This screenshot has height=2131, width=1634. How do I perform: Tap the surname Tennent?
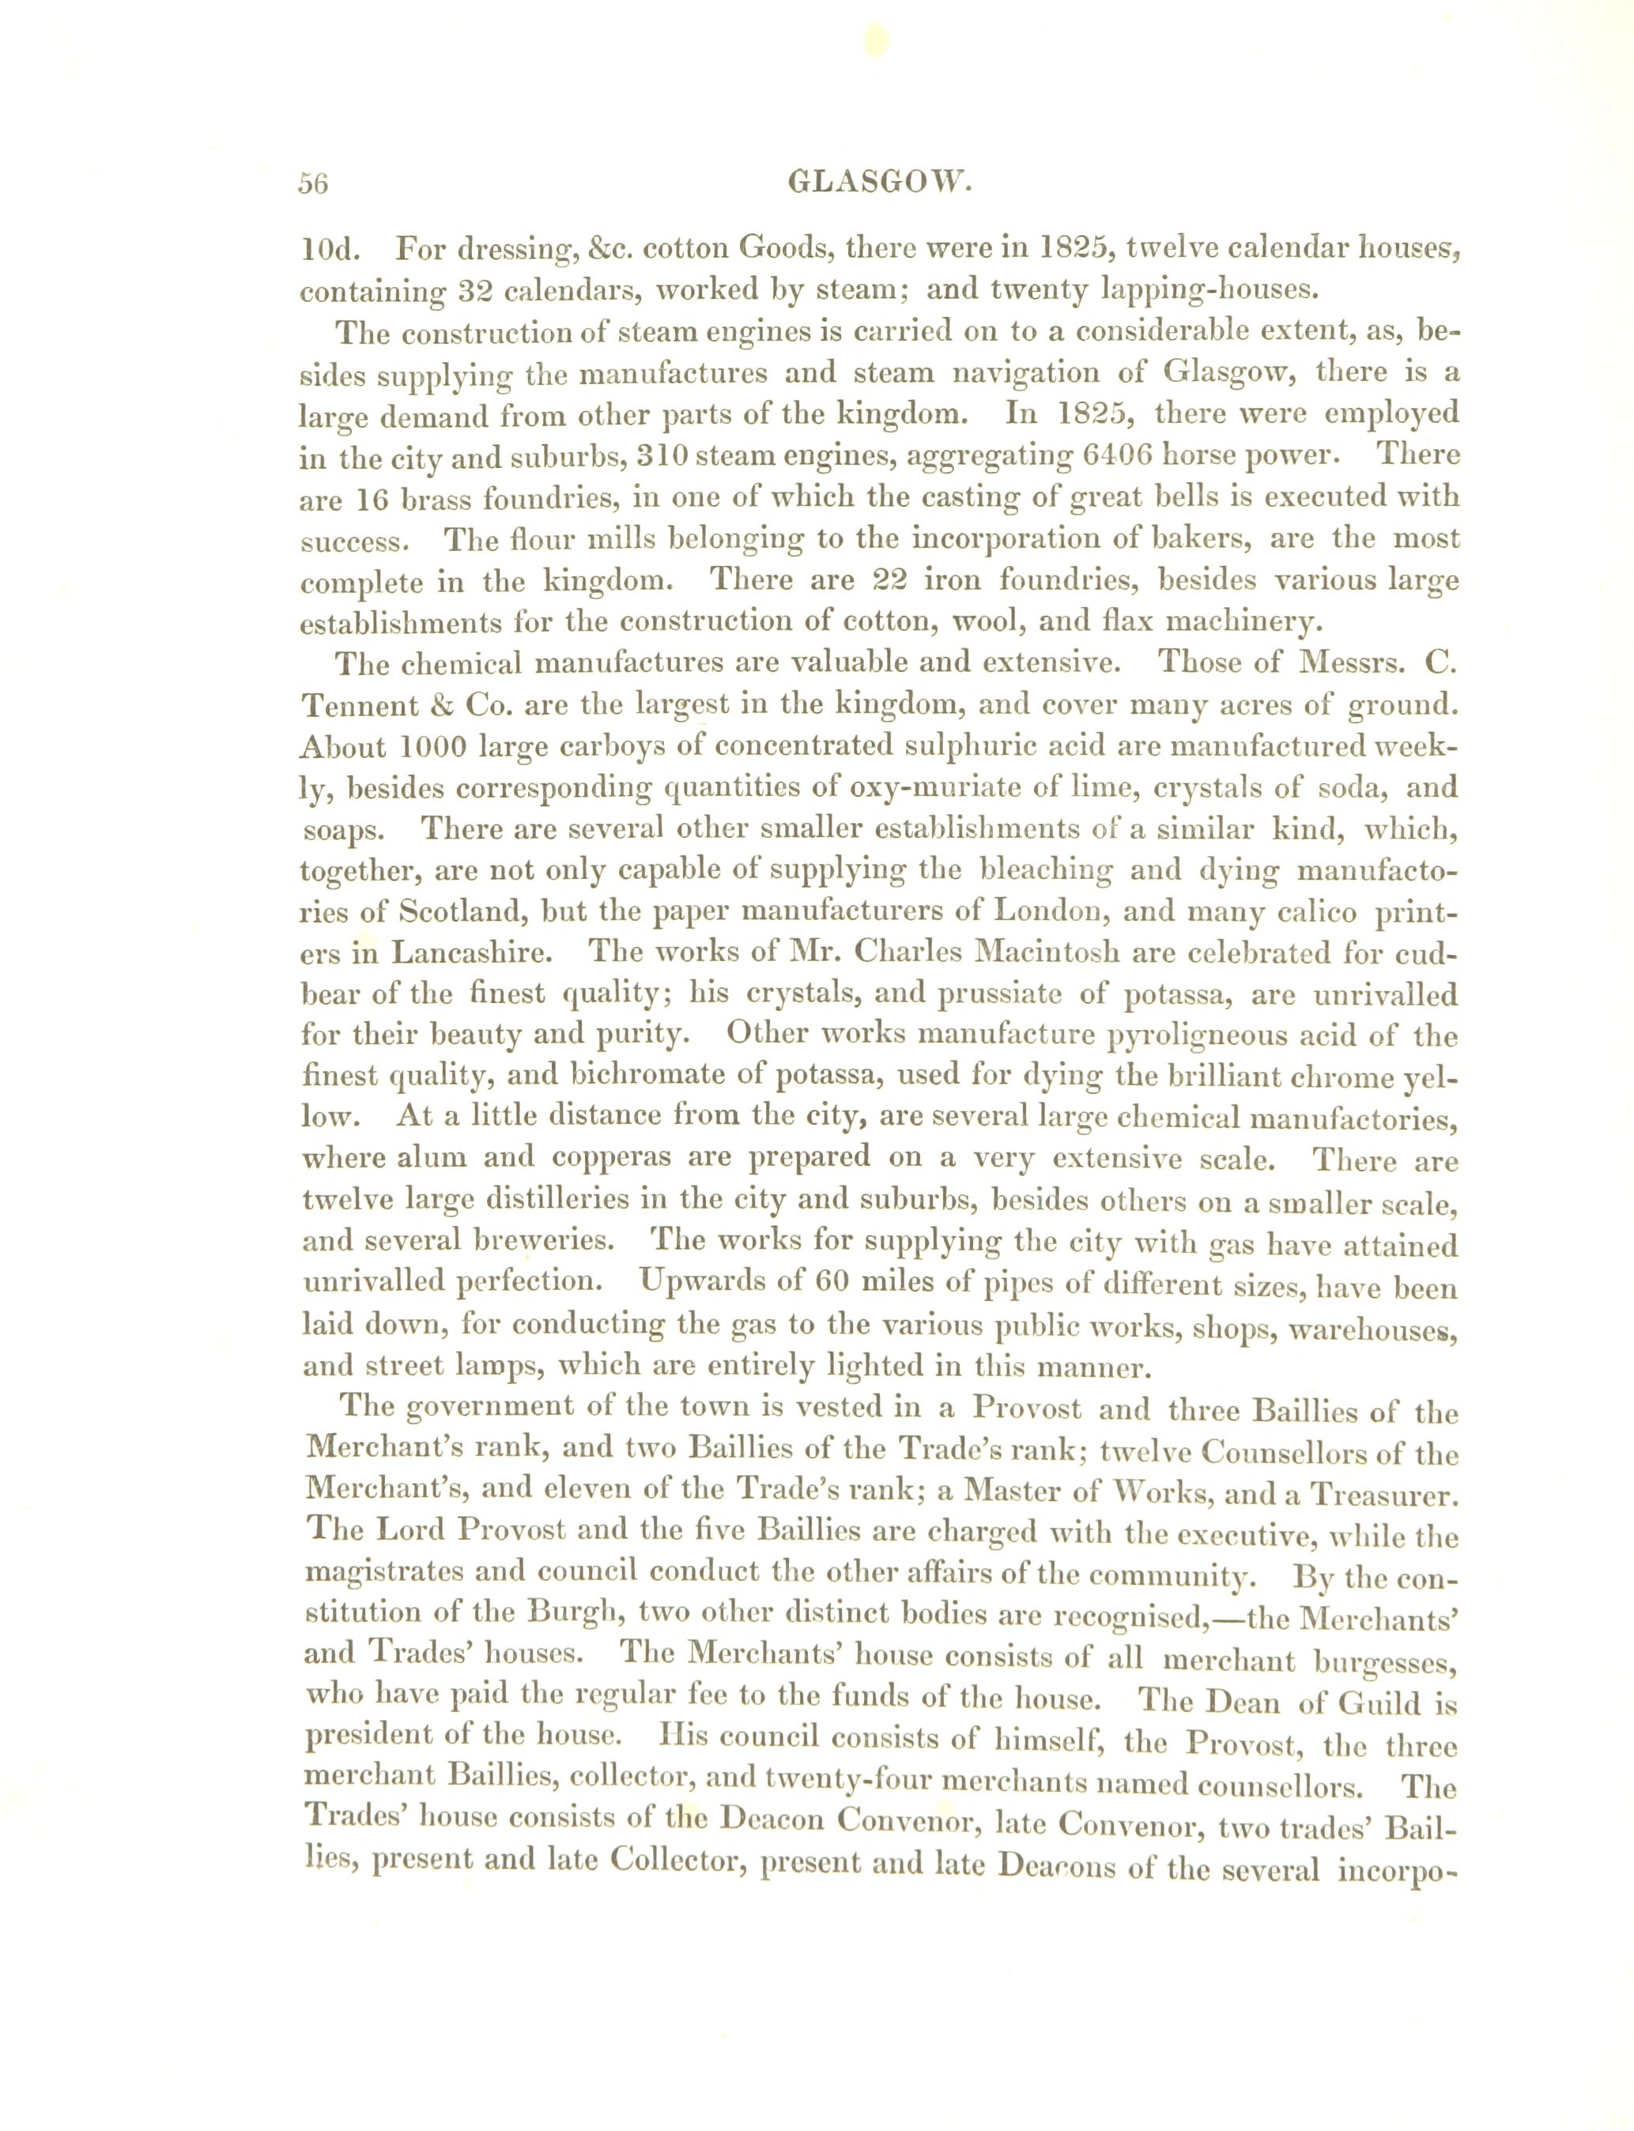(358, 704)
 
